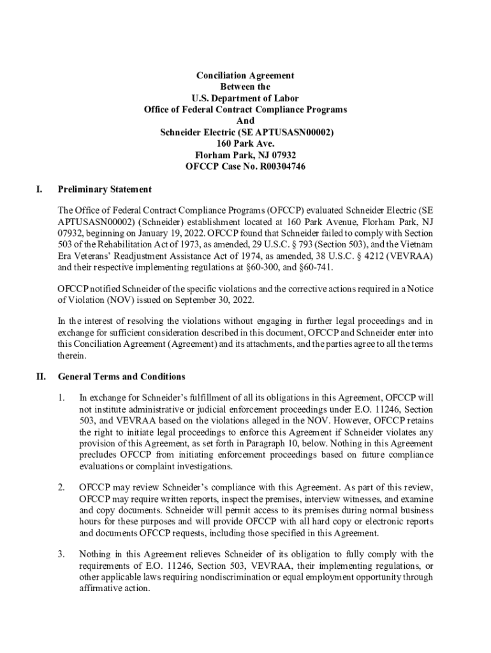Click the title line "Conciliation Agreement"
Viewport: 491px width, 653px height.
pyautogui.click(x=245, y=75)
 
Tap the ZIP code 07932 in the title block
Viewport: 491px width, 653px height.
pyautogui.click(x=283, y=156)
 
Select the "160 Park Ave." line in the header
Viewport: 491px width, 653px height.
pyautogui.click(x=246, y=144)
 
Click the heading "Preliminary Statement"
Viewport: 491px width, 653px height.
pyautogui.click(x=105, y=189)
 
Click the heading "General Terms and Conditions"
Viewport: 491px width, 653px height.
pyautogui.click(x=121, y=376)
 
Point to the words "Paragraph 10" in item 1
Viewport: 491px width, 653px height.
pyautogui.click(x=296, y=443)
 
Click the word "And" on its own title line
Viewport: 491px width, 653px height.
pyautogui.click(x=246, y=121)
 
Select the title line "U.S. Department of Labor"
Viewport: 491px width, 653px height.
pyautogui.click(x=246, y=98)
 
